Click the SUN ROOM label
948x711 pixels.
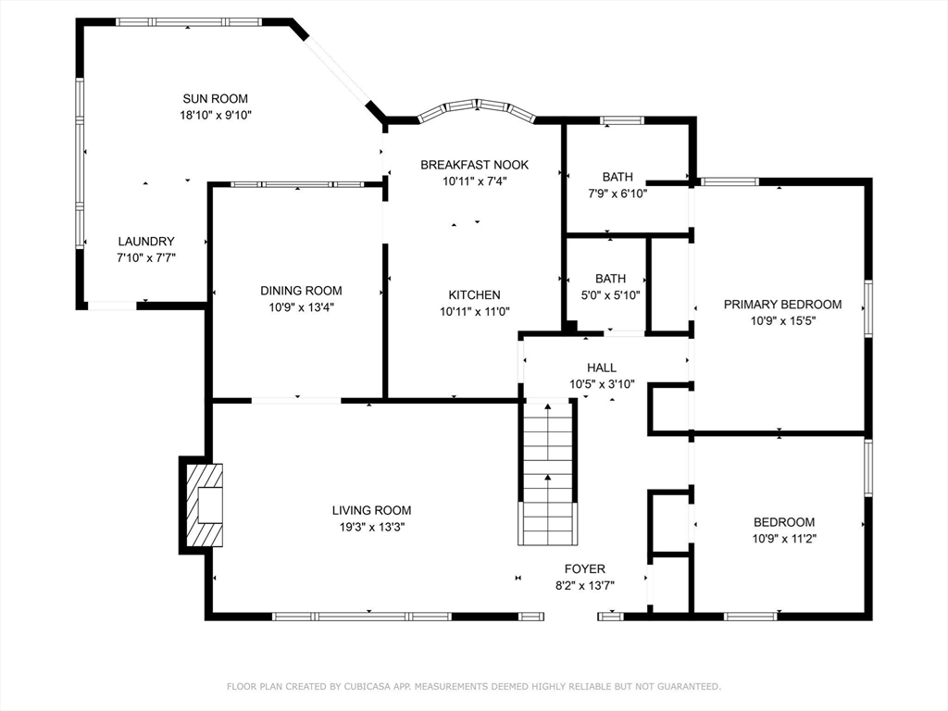215,98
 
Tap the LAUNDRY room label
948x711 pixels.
146,242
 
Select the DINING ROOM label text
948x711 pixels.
301,291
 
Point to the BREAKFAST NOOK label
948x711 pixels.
475,165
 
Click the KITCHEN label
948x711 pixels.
475,295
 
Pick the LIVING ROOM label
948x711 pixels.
372,510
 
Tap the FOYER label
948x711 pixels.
585,569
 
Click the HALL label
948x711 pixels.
602,368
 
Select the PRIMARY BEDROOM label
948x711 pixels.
783,305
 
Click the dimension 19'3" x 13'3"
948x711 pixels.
372,527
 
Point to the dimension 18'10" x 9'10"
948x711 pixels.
215,115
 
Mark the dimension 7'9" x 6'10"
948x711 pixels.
617,194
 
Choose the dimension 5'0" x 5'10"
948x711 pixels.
610,295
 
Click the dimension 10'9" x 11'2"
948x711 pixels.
784,539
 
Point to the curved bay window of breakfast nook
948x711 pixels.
477,109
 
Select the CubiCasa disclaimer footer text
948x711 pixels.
474,686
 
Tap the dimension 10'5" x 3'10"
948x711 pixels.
602,384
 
